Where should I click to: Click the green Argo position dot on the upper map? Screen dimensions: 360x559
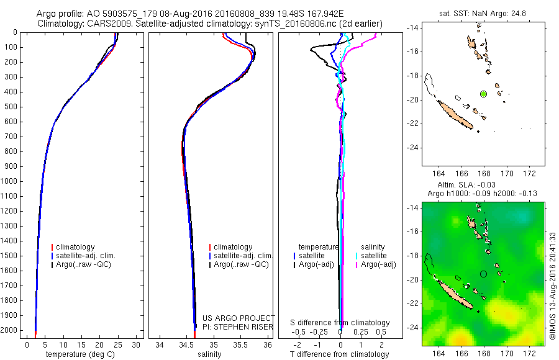pyautogui.click(x=483, y=94)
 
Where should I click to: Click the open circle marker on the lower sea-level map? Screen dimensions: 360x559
pyautogui.click(x=484, y=274)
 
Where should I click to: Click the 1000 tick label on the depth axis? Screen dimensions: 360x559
pyautogui.click(x=11, y=181)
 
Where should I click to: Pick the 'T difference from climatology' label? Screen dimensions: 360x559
pyautogui.click(x=340, y=354)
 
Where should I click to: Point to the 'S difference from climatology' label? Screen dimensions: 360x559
pyautogui.click(x=340, y=323)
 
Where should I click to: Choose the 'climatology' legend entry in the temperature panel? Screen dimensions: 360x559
pyautogui.click(x=75, y=247)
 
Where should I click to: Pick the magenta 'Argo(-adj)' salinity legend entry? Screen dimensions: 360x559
pyautogui.click(x=379, y=264)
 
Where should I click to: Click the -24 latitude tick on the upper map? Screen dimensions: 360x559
pyautogui.click(x=411, y=148)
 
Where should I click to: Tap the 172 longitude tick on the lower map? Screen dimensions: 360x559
pyautogui.click(x=530, y=352)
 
